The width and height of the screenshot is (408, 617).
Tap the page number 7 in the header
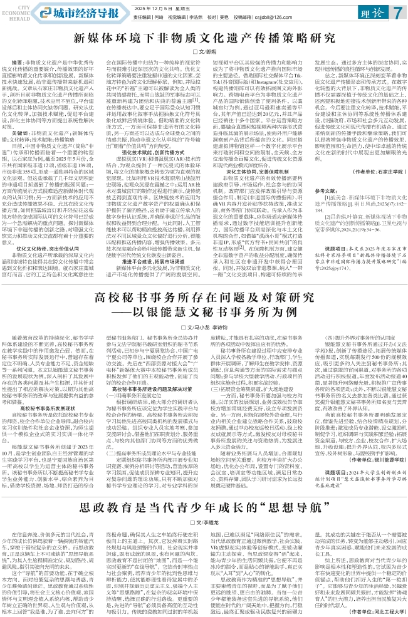click(397, 11)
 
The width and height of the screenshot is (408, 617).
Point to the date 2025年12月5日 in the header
click(154, 6)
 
